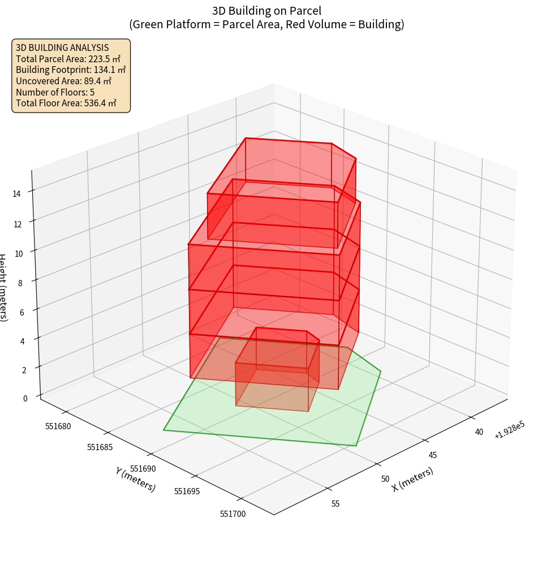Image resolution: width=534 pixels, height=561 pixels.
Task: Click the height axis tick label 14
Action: pyautogui.click(x=16, y=193)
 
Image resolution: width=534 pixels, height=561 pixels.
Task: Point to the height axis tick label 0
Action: pyautogui.click(x=24, y=398)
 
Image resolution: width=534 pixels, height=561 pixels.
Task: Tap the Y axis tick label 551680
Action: pyautogui.click(x=58, y=426)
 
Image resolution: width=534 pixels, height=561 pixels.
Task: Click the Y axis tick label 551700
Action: pyautogui.click(x=232, y=513)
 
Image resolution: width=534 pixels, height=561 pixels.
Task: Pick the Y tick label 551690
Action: pyautogui.click(x=143, y=469)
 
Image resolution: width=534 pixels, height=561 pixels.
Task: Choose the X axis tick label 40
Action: pyautogui.click(x=479, y=432)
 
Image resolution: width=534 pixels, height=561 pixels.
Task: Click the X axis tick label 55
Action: pyautogui.click(x=335, y=504)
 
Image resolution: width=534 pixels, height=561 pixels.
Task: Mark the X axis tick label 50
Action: pyautogui.click(x=385, y=479)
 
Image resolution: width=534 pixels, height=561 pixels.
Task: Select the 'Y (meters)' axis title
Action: pyautogui.click(x=135, y=479)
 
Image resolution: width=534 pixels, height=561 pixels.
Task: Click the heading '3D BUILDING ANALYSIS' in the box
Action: pyautogui.click(x=62, y=48)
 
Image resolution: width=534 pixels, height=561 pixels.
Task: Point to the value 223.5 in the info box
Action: pyautogui.click(x=100, y=59)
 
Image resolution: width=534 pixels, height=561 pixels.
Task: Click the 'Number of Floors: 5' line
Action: pyautogui.click(x=55, y=92)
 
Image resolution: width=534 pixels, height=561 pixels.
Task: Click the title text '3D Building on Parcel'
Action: pyautogui.click(x=267, y=11)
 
